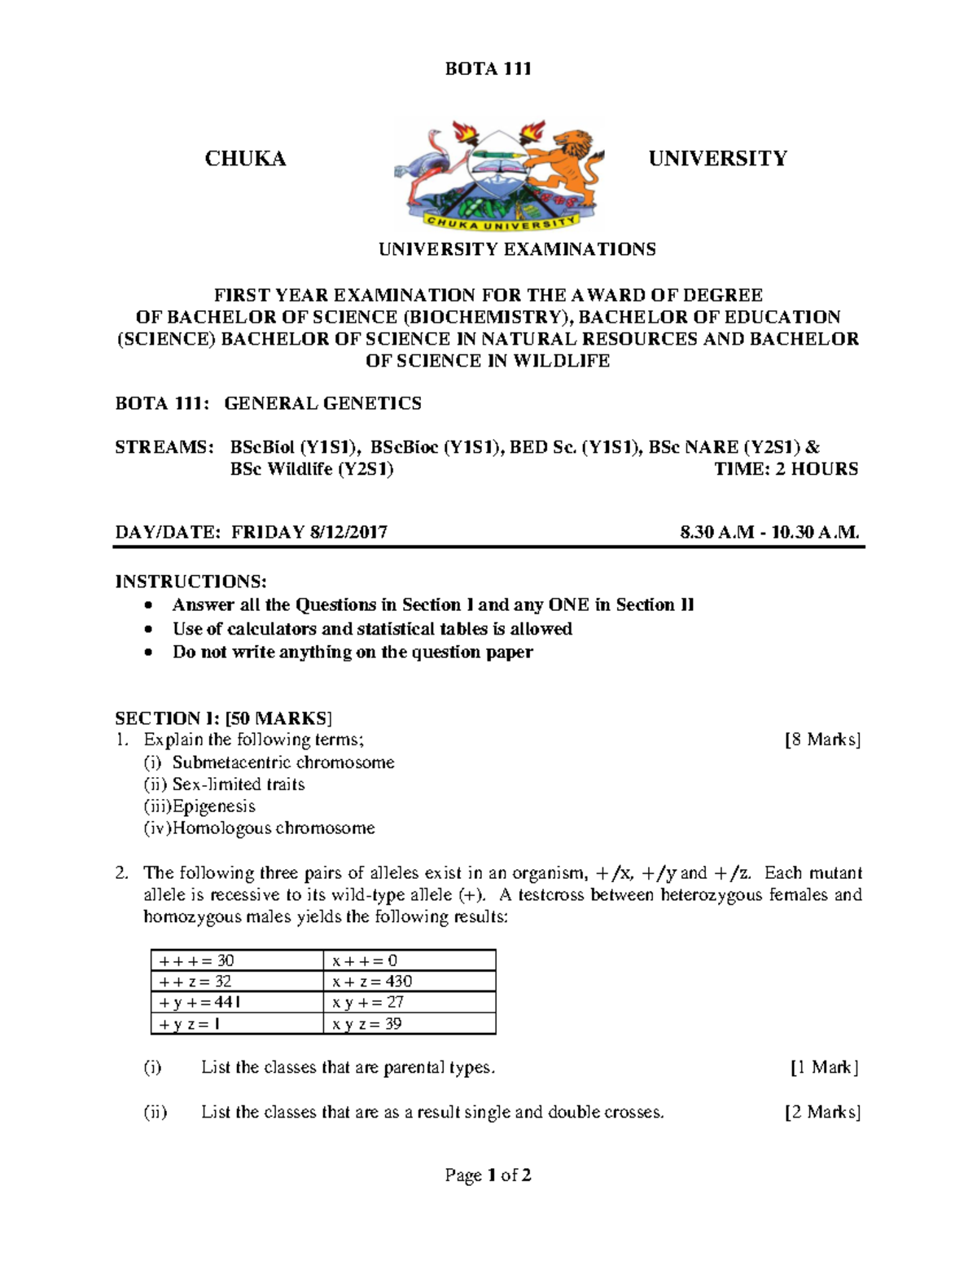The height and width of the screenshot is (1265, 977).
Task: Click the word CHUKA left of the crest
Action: pos(245,159)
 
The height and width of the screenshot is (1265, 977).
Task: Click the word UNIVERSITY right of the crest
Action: pos(717,159)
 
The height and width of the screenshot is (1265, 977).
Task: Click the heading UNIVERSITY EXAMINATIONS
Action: pos(516,249)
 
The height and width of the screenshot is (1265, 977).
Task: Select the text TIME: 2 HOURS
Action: pos(786,469)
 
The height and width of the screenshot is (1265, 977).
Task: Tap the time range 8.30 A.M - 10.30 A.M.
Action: pos(769,533)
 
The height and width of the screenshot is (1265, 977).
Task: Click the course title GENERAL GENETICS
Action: pos(322,403)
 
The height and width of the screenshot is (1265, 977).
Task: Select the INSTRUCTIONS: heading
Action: pos(191,582)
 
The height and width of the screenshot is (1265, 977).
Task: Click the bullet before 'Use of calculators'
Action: pos(147,630)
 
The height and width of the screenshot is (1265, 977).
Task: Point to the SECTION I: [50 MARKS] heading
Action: pos(223,718)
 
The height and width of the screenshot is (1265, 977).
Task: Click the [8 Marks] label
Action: pos(822,740)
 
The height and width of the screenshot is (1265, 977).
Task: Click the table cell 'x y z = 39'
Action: pos(367,1024)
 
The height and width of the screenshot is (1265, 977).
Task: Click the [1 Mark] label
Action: pos(824,1067)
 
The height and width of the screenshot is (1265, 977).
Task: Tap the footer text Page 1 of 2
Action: pos(488,1175)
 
